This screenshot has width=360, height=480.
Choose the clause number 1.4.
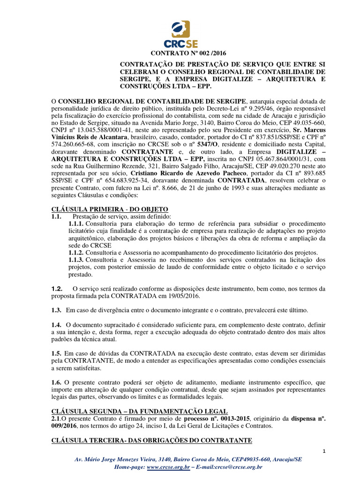(x=57, y=324)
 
